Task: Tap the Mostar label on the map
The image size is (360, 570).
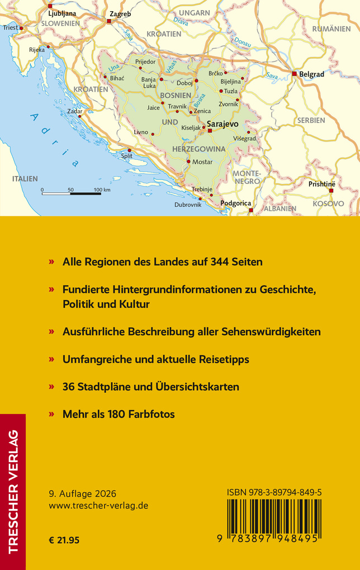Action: pos(202,161)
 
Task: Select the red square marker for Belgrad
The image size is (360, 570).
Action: pos(294,73)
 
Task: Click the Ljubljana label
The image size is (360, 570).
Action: pos(62,13)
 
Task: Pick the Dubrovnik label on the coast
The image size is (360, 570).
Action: pos(188,205)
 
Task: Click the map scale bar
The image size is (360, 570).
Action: pos(71,193)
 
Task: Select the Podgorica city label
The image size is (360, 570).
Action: pos(236,203)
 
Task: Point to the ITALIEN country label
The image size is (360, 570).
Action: pos(25,179)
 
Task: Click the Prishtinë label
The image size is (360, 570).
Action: pos(321,183)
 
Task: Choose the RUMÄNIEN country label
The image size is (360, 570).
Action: pos(331,28)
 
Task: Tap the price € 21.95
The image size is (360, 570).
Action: pos(65,540)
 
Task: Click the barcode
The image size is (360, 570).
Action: pos(274,517)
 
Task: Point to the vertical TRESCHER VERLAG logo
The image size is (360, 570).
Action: pos(13,492)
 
